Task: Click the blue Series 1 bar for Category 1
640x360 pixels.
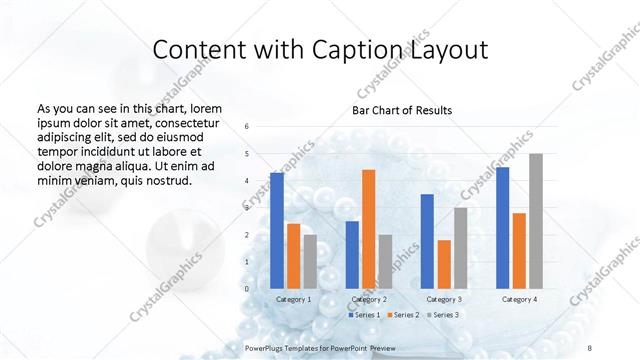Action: [x=277, y=230]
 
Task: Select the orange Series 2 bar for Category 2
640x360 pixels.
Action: [x=369, y=229]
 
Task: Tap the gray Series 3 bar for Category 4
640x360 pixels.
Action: [x=536, y=221]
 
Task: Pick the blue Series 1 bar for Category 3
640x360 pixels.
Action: [x=427, y=241]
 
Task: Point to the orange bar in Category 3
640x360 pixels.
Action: [x=444, y=264]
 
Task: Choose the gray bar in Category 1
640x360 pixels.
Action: [x=310, y=261]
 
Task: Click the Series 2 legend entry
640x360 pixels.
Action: [x=404, y=315]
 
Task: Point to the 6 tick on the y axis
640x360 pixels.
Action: [x=247, y=126]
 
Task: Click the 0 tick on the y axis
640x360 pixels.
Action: [x=247, y=288]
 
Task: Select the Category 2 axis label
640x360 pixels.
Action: [x=369, y=299]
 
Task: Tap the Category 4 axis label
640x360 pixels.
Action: [x=519, y=299]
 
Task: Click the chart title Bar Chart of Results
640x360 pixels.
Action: [x=402, y=110]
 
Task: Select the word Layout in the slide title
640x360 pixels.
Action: [x=444, y=51]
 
